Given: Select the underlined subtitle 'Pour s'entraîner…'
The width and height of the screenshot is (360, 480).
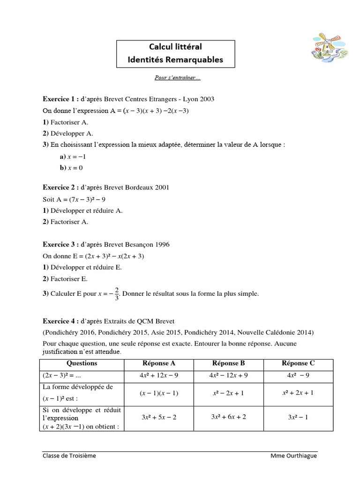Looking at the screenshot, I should point(177,78).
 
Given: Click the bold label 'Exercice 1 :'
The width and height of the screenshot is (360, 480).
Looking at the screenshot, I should point(60,99).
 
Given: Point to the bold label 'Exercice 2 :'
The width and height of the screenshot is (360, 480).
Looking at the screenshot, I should point(60,187).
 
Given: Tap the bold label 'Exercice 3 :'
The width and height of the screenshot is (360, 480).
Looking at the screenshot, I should point(60,244).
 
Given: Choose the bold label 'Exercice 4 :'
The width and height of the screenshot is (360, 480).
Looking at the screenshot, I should point(60,321).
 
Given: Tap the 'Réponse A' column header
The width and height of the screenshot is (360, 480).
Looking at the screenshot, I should point(159,363).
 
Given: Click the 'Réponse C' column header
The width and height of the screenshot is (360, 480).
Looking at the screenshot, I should point(298,363).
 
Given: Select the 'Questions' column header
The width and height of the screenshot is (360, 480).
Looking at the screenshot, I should point(82,363).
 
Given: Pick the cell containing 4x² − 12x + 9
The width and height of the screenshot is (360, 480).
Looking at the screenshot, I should point(228,375).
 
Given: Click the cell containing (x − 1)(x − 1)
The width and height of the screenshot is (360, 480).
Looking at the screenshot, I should point(159,393).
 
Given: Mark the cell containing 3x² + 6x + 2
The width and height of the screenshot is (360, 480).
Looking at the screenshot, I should point(228,417).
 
